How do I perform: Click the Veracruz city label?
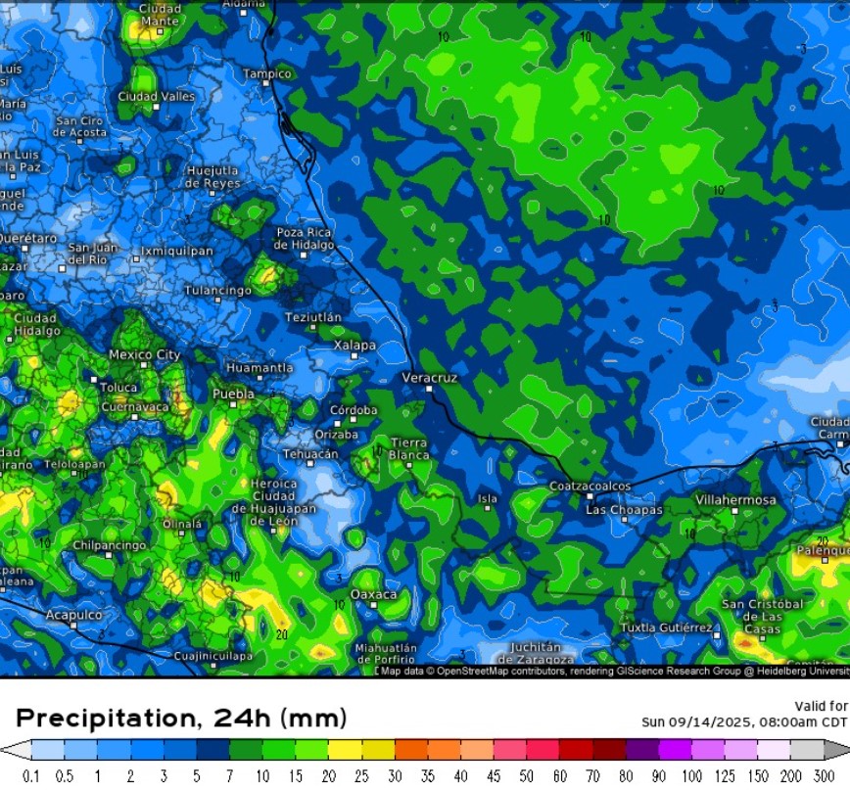[430, 377]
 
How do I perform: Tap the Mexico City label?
[144, 354]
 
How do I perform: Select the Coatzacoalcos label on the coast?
[590, 486]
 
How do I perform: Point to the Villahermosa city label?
[734, 499]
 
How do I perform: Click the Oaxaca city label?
[374, 594]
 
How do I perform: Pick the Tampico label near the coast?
[267, 73]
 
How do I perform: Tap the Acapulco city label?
[73, 615]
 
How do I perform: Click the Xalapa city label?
[354, 345]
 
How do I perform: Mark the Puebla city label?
[233, 394]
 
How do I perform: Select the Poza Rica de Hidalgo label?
[304, 238]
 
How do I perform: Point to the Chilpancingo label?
[110, 544]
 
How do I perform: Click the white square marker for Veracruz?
[429, 389]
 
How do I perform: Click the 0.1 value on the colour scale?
[33, 775]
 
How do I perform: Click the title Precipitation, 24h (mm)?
[181, 718]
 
